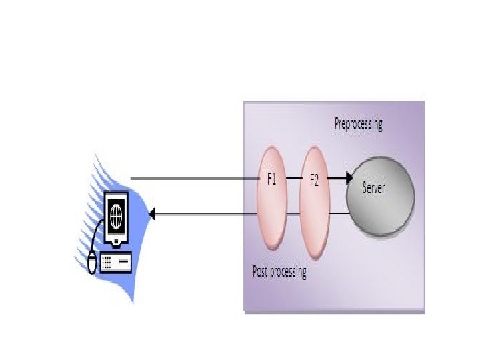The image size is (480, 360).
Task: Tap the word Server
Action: click(x=374, y=187)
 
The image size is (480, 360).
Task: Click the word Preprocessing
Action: click(x=358, y=125)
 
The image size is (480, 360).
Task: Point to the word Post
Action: click(x=261, y=271)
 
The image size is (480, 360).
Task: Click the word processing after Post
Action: click(x=289, y=272)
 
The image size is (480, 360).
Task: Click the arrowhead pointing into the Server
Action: click(x=348, y=179)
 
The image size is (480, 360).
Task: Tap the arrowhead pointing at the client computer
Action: click(x=151, y=214)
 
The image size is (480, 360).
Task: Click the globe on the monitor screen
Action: click(x=117, y=215)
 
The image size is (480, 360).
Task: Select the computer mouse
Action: click(x=93, y=264)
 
